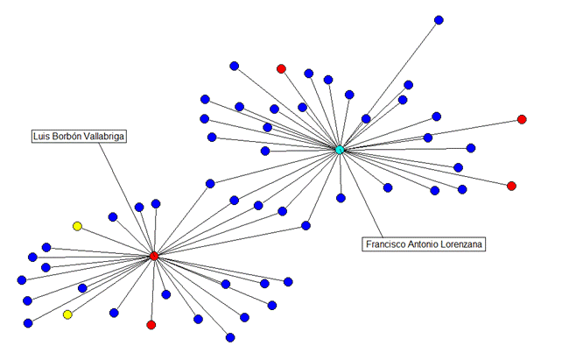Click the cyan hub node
(340, 150)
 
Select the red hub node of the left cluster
(154, 256)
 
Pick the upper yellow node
(77, 226)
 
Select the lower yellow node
(67, 314)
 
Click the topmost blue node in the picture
(439, 20)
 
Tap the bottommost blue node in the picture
(230, 337)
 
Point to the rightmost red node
(522, 119)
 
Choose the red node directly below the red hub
(151, 325)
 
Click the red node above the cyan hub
(281, 69)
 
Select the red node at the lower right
(512, 186)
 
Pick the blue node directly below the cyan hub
(341, 198)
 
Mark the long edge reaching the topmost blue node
(390, 85)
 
